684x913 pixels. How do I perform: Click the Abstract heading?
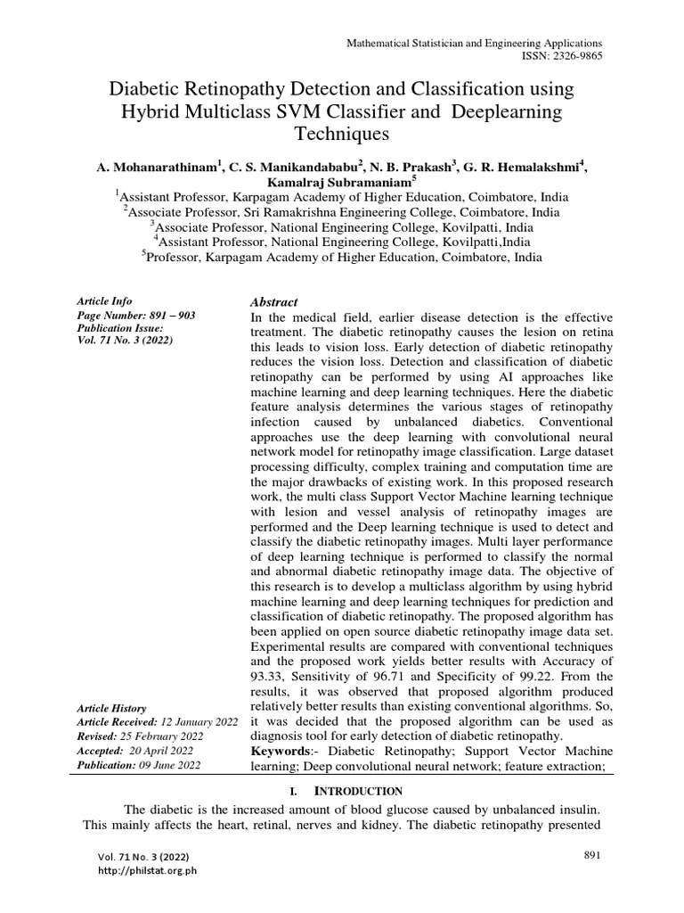coord(275,303)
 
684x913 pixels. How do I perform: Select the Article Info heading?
coord(105,302)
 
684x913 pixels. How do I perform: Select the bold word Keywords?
coord(284,752)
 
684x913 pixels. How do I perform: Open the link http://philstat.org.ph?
coord(148,871)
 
